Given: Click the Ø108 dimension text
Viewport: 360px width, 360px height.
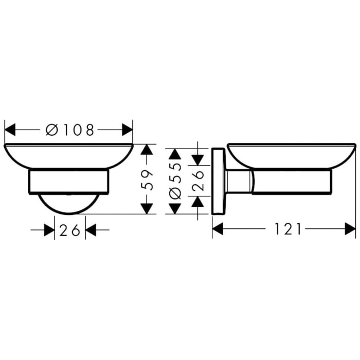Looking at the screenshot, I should [70, 130].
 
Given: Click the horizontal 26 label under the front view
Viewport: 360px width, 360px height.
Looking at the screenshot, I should [70, 230].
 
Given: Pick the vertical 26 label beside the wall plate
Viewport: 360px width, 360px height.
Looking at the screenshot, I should [198, 180].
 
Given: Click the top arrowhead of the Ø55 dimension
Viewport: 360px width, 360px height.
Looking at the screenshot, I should [175, 154].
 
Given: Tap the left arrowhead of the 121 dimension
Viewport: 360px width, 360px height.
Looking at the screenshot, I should [218, 229].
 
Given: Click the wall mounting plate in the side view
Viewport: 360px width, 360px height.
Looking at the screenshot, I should [218, 182].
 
